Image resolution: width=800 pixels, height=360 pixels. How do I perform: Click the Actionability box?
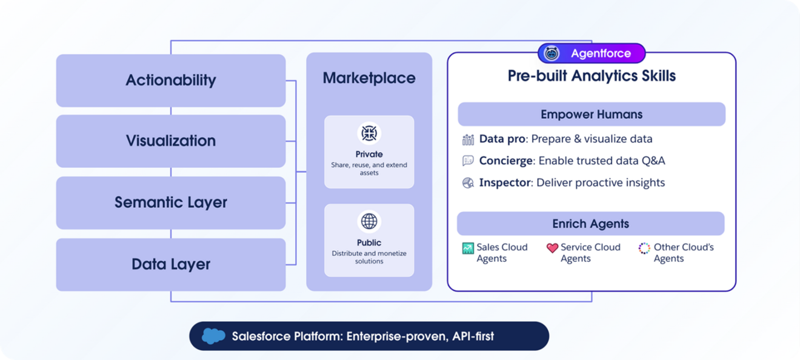[x=170, y=80]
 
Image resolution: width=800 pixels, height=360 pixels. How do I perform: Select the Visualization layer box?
[x=170, y=141]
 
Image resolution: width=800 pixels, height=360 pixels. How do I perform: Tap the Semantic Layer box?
[x=170, y=202]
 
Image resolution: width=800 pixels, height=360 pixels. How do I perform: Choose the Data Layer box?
[x=170, y=264]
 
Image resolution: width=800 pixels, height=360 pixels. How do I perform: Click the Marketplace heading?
[x=368, y=78]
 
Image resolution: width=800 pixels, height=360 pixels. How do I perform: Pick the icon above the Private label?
[x=369, y=133]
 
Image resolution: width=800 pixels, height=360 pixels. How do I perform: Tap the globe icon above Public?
[x=369, y=221]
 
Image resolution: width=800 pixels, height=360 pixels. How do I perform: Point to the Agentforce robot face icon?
[x=552, y=53]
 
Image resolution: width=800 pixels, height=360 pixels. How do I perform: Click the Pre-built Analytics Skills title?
[x=592, y=76]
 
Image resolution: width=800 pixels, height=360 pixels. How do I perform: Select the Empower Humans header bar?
[x=592, y=114]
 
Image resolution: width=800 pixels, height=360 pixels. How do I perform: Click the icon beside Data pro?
[x=468, y=139]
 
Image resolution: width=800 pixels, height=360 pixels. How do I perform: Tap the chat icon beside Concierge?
[x=468, y=161]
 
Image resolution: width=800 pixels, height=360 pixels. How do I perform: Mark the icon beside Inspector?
[x=468, y=183]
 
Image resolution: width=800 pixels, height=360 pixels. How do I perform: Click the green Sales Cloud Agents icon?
[x=468, y=248]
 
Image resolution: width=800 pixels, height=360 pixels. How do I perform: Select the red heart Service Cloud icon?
[x=552, y=248]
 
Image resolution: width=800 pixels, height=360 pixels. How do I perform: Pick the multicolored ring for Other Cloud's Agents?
[x=644, y=248]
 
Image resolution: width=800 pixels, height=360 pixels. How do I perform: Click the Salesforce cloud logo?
[x=213, y=336]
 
